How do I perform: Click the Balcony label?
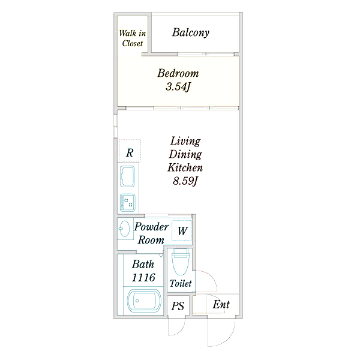[191, 32]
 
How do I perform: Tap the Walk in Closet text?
[133, 38]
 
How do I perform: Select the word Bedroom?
[178, 73]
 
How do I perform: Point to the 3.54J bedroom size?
[178, 87]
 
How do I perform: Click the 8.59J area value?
[185, 181]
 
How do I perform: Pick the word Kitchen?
[185, 167]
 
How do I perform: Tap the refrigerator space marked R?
[130, 151]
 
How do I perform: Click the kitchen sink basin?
[127, 176]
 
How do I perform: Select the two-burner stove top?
[127, 203]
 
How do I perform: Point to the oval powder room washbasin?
[124, 229]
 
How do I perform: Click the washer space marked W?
[182, 230]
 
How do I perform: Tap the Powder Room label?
[151, 233]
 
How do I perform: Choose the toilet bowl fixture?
[181, 262]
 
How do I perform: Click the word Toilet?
[181, 283]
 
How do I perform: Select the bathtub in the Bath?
[144, 301]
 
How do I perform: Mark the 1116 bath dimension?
[143, 278]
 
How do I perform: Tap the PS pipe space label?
[178, 306]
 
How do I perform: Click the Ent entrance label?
[221, 305]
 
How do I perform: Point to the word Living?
[185, 141]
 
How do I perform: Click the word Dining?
[185, 154]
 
